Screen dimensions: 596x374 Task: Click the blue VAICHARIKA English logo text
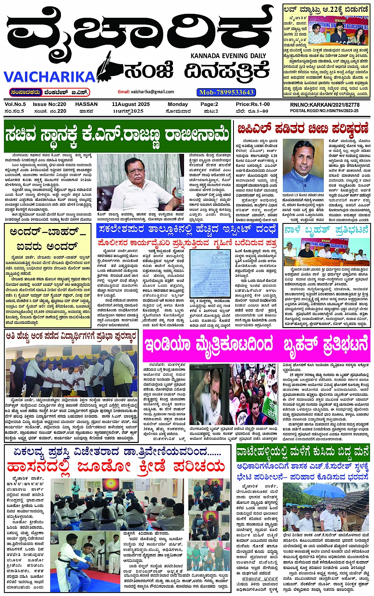[x=49, y=76]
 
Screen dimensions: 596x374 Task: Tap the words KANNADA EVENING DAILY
[x=228, y=56]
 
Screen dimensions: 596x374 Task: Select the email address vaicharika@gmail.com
[x=146, y=92]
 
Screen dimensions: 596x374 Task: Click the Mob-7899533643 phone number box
[x=226, y=92]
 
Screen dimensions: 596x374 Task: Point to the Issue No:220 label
[x=49, y=104]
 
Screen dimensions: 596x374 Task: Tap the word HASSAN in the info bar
[x=86, y=104]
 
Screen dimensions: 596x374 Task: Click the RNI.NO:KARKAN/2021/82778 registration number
[x=325, y=104]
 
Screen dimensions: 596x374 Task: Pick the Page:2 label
[x=209, y=104]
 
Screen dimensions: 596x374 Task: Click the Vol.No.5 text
[x=15, y=104]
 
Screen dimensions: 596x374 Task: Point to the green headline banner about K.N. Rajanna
[x=117, y=136]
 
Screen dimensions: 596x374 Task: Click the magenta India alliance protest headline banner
[x=256, y=345]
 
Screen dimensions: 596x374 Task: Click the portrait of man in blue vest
[x=304, y=166]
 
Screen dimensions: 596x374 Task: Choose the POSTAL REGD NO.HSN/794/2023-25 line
[x=325, y=111]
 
